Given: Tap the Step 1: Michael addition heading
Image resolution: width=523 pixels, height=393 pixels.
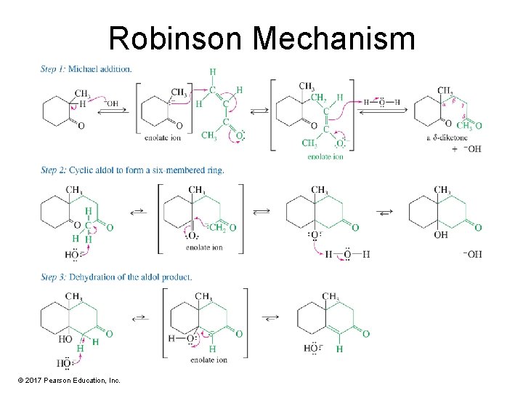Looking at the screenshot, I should point(86,69).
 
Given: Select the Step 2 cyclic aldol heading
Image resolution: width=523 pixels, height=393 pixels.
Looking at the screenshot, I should point(132,170).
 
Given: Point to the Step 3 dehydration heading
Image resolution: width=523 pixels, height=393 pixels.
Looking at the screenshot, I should point(116,277).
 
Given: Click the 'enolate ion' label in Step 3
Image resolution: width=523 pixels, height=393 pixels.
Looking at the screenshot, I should point(208,360).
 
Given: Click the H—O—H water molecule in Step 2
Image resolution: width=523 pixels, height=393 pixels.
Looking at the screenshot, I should point(347,254).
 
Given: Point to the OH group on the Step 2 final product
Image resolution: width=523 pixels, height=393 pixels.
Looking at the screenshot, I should point(441,235).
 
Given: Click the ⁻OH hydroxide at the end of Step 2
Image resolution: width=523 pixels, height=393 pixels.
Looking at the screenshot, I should point(471,254).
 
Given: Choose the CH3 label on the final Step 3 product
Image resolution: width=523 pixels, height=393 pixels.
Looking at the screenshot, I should point(331,296).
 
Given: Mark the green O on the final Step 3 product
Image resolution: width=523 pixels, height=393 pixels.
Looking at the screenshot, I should point(365,334).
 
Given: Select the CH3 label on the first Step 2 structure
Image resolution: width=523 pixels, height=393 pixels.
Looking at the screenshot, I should point(73,191).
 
